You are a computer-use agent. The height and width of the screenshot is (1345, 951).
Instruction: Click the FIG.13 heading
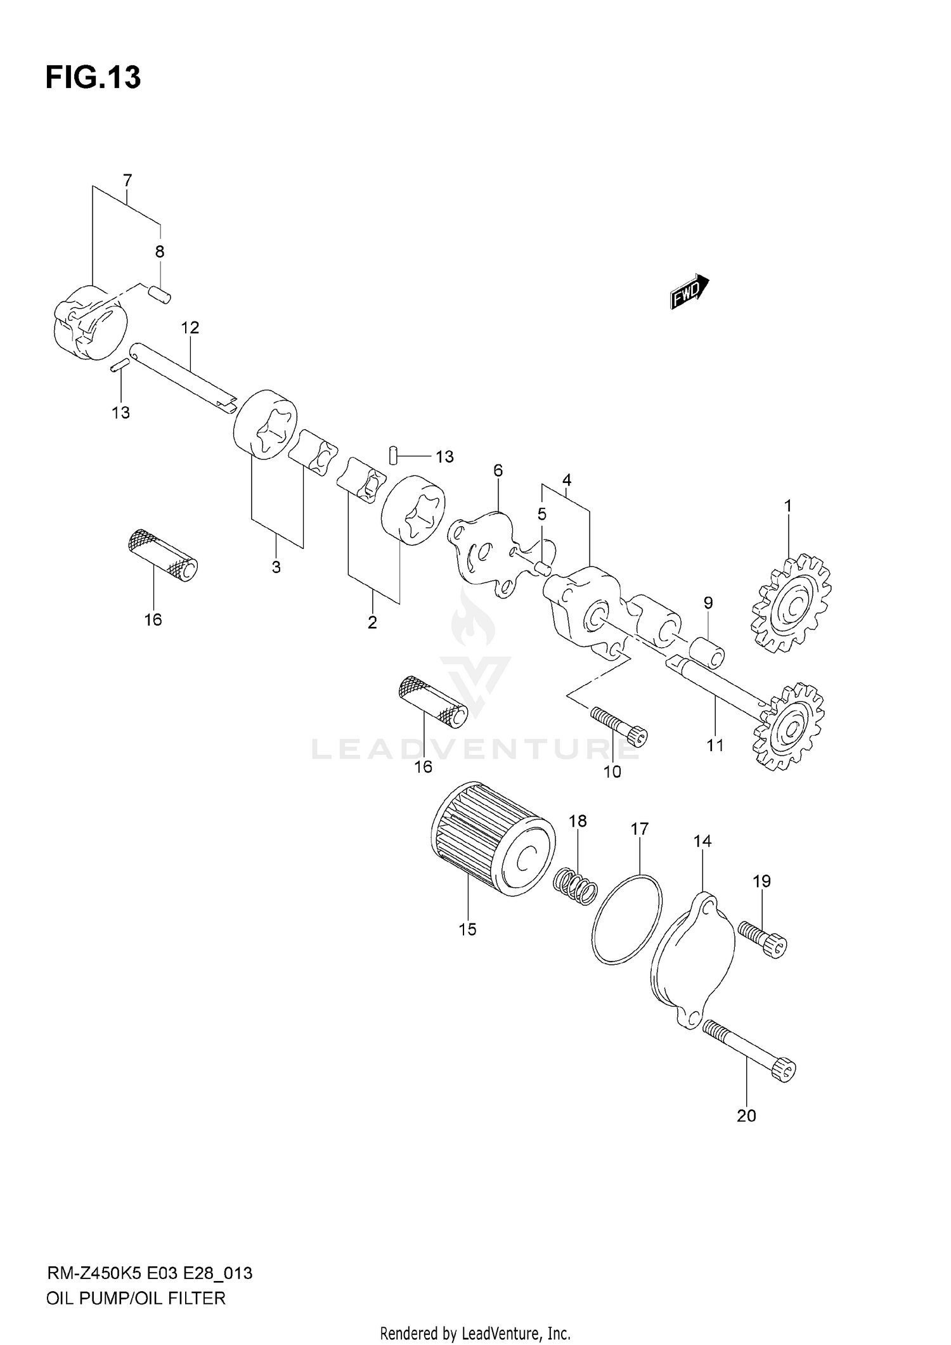point(93,78)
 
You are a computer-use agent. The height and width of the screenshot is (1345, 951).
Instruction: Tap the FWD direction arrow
point(689,292)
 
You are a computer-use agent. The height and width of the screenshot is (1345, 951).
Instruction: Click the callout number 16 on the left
point(153,620)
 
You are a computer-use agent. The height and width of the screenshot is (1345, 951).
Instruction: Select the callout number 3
point(276,567)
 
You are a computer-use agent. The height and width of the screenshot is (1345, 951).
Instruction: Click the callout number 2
point(372,622)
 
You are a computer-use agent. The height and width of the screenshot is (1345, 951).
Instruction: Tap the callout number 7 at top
point(127,181)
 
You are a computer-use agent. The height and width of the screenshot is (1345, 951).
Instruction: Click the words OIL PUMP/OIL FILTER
point(136,1299)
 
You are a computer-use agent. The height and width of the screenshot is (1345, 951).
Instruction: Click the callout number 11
point(715,746)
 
